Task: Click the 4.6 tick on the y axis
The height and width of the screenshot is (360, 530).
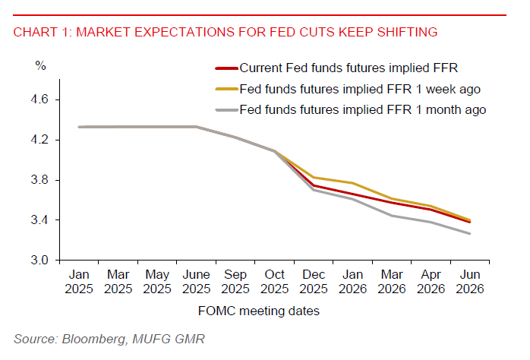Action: coord(40,99)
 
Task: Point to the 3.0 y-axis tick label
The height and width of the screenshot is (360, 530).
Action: coord(40,261)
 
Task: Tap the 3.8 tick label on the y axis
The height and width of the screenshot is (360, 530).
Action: coord(40,180)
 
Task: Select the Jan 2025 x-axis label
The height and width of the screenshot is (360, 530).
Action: coord(78,281)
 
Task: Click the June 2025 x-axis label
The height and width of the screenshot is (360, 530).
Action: coord(196,281)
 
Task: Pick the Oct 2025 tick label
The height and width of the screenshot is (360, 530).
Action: coord(275,281)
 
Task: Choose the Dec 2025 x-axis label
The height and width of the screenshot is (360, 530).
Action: coord(314,281)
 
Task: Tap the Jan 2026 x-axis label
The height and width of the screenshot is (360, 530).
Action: coord(353,281)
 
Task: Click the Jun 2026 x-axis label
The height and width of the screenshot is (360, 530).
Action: coord(471,281)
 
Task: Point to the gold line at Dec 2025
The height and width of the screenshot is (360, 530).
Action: coord(314,177)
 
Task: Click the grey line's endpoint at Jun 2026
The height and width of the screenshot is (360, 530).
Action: coord(471,234)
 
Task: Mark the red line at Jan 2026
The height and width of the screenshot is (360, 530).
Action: coord(353,194)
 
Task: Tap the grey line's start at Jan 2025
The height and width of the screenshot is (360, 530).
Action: coord(78,127)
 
